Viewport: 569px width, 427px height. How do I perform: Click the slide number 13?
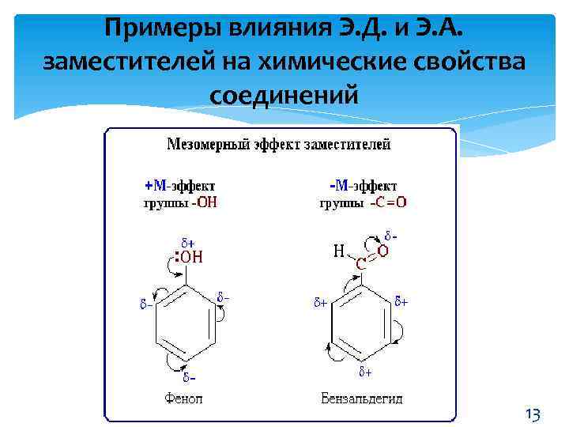[533, 414]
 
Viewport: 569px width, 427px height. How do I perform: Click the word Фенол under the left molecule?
[183, 398]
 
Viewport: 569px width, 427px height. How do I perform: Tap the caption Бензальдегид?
[362, 398]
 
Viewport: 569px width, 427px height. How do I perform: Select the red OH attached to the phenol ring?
[191, 256]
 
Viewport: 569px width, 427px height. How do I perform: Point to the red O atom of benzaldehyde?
[383, 251]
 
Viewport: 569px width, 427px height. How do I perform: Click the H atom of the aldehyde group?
[339, 251]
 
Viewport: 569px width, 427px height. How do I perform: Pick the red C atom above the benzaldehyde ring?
[360, 264]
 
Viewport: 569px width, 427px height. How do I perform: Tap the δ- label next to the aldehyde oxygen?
[390, 236]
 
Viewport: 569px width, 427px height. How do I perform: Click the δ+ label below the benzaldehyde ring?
[365, 372]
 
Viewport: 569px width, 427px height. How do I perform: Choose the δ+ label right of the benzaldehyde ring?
[401, 301]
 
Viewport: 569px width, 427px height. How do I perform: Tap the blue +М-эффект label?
[179, 186]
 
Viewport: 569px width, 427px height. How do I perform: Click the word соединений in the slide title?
[284, 95]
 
